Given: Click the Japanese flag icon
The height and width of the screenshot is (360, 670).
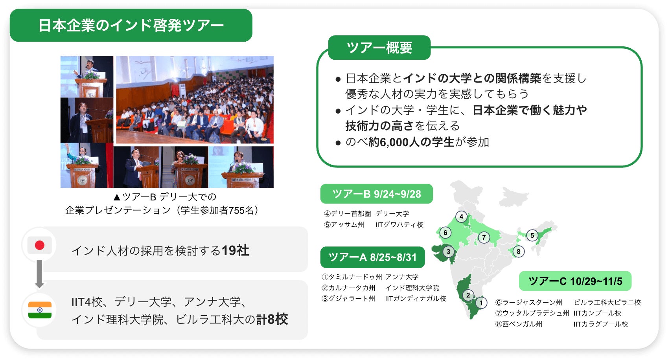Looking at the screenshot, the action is (x=39, y=245).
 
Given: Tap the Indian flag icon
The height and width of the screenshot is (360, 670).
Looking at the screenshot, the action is (x=40, y=310).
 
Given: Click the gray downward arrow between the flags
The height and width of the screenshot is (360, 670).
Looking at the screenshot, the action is (x=39, y=274).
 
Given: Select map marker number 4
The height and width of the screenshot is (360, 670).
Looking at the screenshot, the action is (x=462, y=217).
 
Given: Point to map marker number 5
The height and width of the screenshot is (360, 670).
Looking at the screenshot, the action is (x=532, y=235).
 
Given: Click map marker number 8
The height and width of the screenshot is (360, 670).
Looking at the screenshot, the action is (x=518, y=252).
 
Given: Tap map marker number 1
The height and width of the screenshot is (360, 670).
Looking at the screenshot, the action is (x=481, y=303).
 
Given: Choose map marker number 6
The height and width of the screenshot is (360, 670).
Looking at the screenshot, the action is (x=445, y=233).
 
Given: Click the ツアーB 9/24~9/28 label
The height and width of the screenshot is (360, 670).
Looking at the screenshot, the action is (x=377, y=194).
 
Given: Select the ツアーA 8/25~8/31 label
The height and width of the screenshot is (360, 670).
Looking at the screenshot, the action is (x=372, y=257).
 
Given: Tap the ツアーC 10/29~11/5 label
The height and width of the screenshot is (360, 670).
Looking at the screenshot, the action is (x=575, y=281).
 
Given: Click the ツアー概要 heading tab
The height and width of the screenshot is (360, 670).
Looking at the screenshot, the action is (x=379, y=48).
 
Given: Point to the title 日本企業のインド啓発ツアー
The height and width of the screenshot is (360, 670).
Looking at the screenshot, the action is (x=131, y=26).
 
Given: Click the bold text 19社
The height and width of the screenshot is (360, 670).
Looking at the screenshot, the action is (x=236, y=250).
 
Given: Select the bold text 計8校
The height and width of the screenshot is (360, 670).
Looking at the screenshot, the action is (x=272, y=319).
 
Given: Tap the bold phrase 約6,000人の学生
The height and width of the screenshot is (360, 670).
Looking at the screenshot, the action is (x=411, y=142).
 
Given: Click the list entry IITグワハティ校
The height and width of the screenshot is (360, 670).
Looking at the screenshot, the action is (x=399, y=224).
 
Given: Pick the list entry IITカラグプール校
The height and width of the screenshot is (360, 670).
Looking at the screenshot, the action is (x=601, y=324).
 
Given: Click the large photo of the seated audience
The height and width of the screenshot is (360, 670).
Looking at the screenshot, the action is (x=195, y=99).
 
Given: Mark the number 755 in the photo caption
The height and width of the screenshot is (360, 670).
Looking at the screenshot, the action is (x=237, y=211).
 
